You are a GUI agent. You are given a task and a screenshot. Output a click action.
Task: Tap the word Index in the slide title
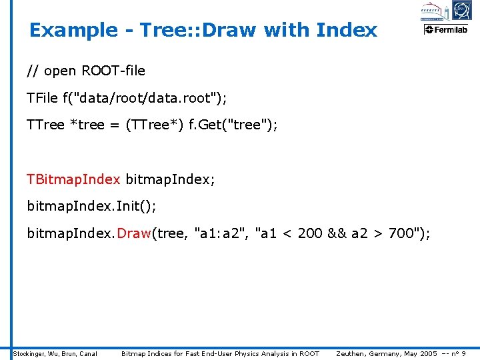point(347,31)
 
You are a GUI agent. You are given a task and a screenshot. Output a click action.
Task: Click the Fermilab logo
point(447,29)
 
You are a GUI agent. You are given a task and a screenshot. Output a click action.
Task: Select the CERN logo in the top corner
point(461,10)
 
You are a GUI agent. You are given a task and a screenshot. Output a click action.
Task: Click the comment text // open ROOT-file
point(85,71)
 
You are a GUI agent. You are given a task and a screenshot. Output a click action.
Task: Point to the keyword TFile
point(43,98)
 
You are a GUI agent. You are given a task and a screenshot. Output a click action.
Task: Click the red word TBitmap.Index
point(73,179)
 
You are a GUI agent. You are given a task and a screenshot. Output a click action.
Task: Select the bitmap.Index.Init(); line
point(91,206)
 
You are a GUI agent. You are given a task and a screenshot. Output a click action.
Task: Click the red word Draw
point(134,233)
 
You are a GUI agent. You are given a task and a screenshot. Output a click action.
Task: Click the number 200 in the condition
point(311,233)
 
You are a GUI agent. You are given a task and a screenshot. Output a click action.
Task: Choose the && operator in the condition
point(338,233)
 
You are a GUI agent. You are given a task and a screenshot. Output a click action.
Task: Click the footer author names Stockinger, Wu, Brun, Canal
point(55,353)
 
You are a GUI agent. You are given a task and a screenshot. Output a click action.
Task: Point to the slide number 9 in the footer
point(463,353)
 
